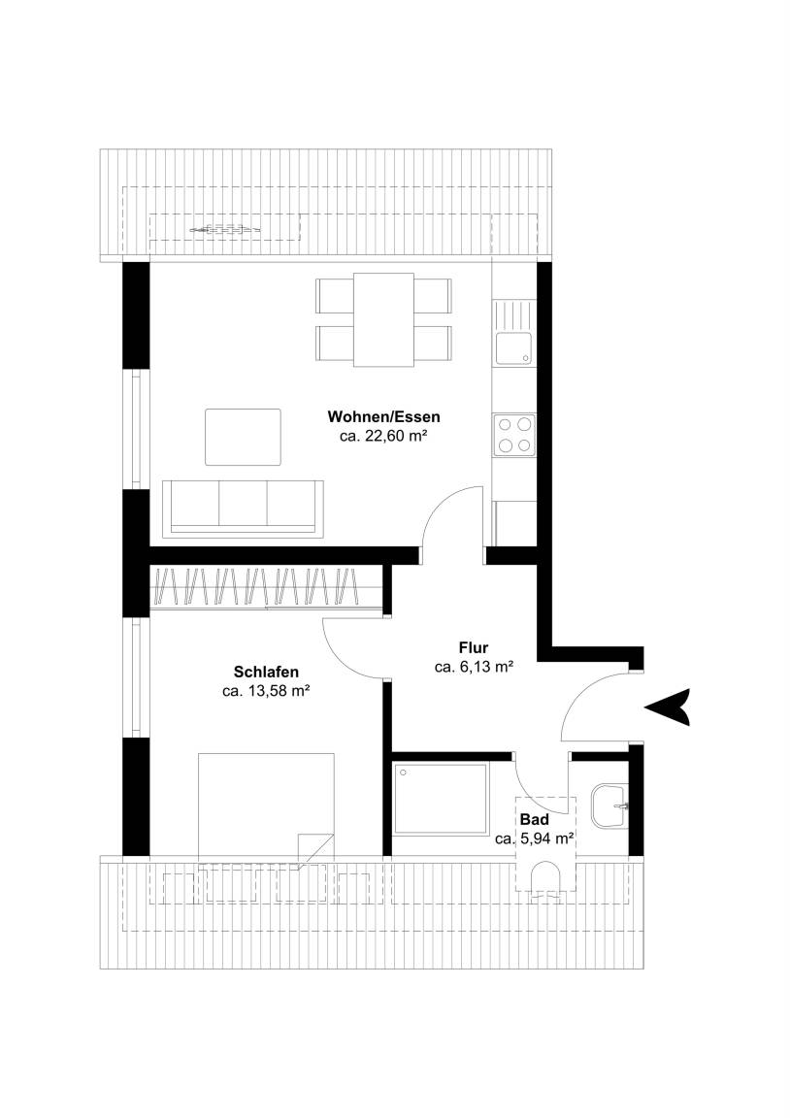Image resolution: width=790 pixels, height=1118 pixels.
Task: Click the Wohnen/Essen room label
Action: click(x=383, y=416)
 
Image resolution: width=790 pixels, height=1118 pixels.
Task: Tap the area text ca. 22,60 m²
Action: click(x=383, y=437)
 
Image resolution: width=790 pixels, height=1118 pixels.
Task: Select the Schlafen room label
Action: click(x=266, y=672)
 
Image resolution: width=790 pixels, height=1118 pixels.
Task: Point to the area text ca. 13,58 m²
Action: click(x=265, y=691)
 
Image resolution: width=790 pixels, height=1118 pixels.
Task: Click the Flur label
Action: click(x=474, y=648)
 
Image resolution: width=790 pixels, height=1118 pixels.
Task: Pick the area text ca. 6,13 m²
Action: click(x=475, y=668)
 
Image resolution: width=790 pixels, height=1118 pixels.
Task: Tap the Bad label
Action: click(x=534, y=820)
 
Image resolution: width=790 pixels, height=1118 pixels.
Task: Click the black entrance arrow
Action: click(x=668, y=707)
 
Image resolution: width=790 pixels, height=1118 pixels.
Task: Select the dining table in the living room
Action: click(x=383, y=319)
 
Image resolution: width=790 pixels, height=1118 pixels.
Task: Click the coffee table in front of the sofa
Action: click(x=243, y=437)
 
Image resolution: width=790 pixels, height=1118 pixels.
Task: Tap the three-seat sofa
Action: click(x=243, y=509)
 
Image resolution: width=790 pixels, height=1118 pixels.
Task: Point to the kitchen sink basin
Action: click(x=513, y=349)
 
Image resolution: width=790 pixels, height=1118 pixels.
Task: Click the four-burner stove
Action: click(x=514, y=435)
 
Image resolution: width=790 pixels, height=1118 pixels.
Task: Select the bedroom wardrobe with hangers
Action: click(x=265, y=587)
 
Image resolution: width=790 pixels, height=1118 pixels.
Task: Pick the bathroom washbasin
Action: click(x=609, y=806)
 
